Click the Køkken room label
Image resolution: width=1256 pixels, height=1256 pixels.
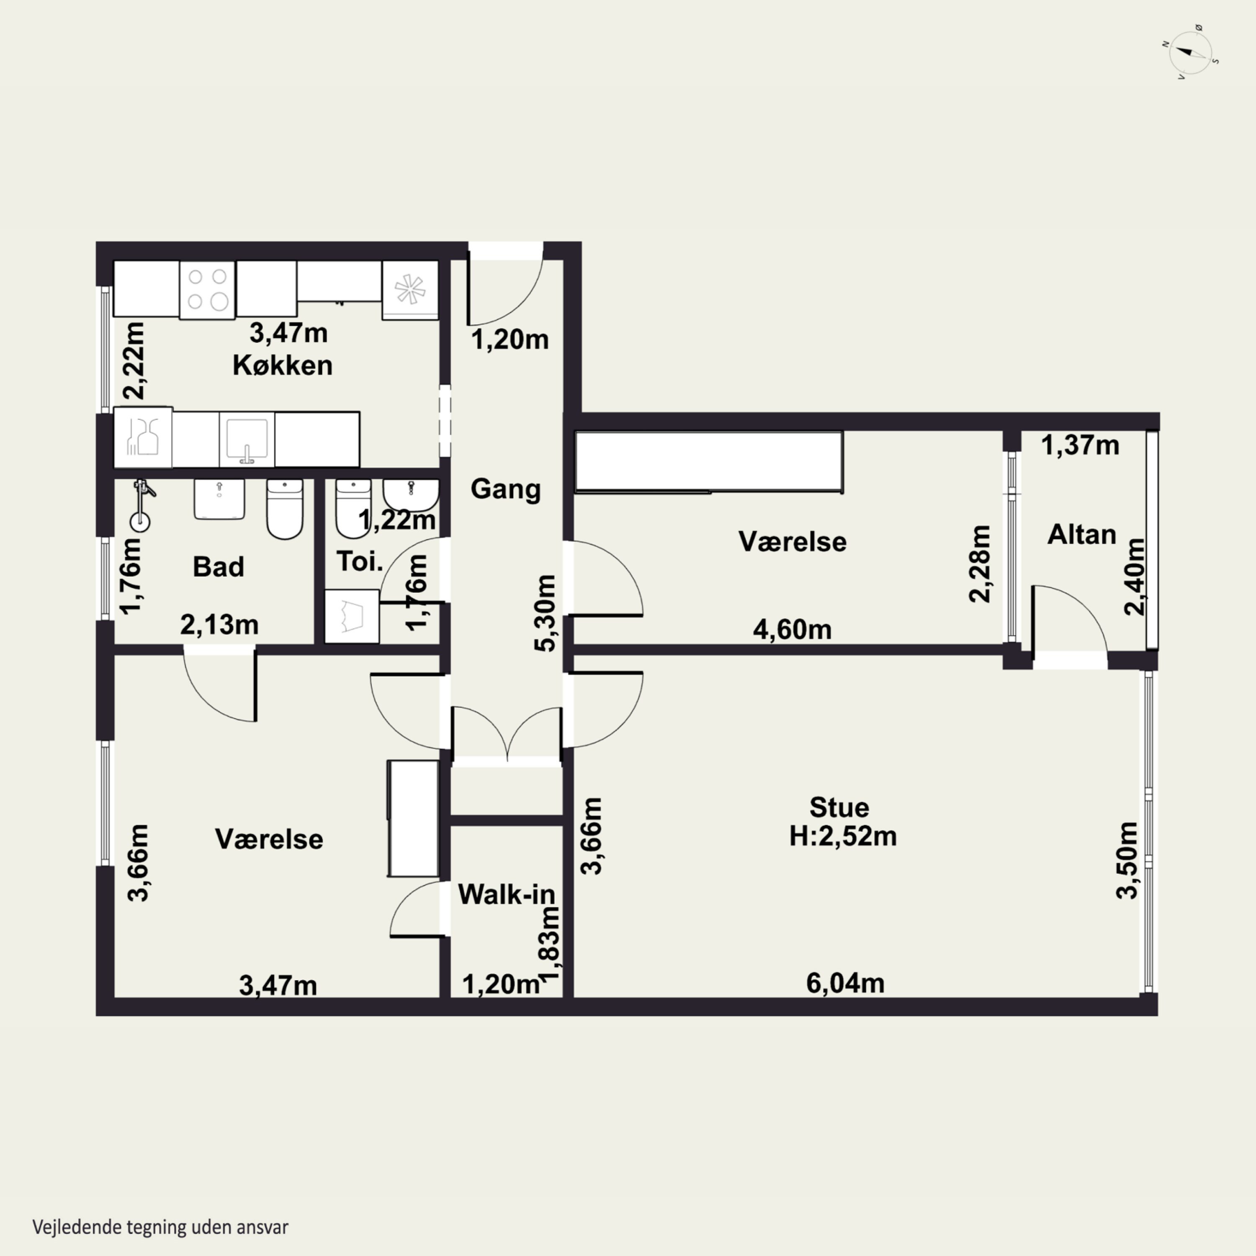pyautogui.click(x=283, y=365)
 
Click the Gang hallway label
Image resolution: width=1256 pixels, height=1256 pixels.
pyautogui.click(x=505, y=489)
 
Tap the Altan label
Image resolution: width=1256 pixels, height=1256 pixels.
pyautogui.click(x=1082, y=534)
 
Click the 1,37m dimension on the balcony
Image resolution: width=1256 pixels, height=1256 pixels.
pyautogui.click(x=1081, y=445)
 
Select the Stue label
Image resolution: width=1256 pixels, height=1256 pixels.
pyautogui.click(x=839, y=808)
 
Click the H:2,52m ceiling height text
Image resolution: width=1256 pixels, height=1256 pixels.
pyautogui.click(x=843, y=836)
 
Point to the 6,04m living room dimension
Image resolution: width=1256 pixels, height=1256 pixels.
pyautogui.click(x=845, y=983)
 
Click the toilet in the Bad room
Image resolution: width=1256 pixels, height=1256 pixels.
pyautogui.click(x=285, y=509)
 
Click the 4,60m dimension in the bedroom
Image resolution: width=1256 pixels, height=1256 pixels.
pyautogui.click(x=793, y=629)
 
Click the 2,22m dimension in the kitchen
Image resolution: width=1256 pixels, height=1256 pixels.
pyautogui.click(x=134, y=361)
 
